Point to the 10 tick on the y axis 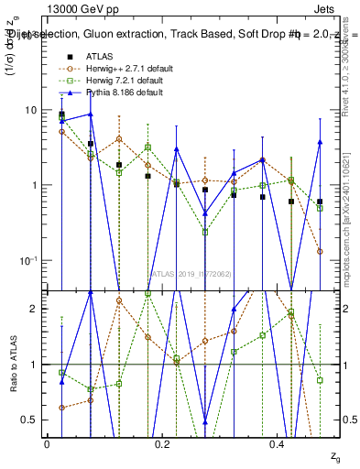(x=32, y=110)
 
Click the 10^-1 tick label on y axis (x=30, y=260)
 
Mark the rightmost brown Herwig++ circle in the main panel (x=320, y=251)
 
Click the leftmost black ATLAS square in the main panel (x=61, y=115)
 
